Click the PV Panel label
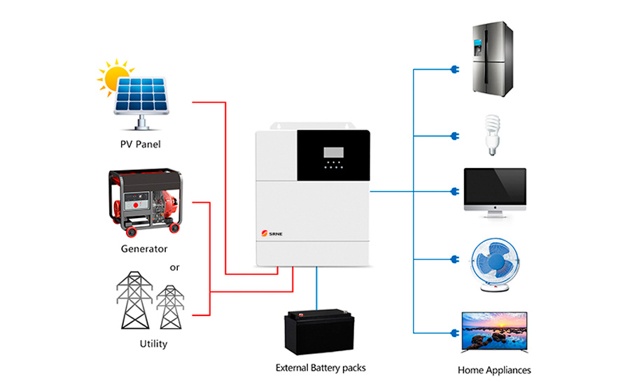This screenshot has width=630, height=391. point(140,144)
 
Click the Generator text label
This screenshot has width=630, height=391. point(143,249)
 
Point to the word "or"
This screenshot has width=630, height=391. point(174,268)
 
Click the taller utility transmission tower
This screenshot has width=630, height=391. point(134,300)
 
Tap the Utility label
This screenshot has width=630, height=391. point(153,343)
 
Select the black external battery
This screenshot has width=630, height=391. point(319,332)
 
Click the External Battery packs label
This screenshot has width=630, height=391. point(321,368)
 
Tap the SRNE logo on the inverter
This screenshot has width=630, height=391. point(272,234)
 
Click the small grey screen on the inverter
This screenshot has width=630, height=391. point(333,152)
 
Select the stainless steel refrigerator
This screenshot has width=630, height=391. point(493,59)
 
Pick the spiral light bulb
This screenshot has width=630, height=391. point(492,135)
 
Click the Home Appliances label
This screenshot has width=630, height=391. point(494,370)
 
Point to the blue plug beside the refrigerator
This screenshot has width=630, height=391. point(455,69)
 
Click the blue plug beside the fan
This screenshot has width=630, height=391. point(455,260)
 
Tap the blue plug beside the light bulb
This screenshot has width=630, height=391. point(455,136)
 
